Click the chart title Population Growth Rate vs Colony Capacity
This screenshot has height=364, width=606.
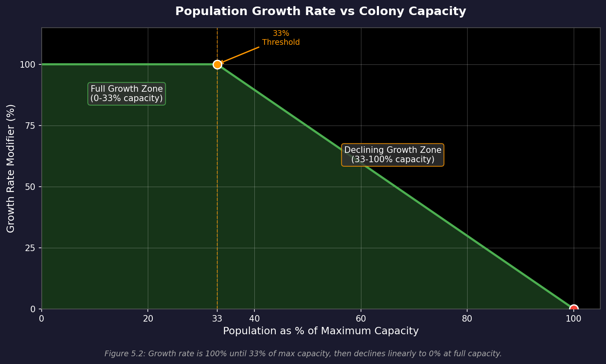pyautogui.click(x=321, y=11)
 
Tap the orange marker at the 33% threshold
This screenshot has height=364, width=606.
pyautogui.click(x=217, y=64)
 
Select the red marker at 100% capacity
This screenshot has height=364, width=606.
pyautogui.click(x=574, y=309)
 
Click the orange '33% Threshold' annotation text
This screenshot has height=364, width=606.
pyautogui.click(x=281, y=38)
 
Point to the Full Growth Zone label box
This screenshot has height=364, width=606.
pyautogui.click(x=127, y=94)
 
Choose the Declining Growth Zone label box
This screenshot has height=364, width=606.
pyautogui.click(x=392, y=155)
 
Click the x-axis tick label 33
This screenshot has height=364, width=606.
pyautogui.click(x=217, y=319)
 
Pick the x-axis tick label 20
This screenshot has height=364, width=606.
pyautogui.click(x=148, y=319)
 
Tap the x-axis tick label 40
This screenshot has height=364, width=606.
pyautogui.click(x=254, y=319)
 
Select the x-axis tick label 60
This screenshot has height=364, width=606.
pyautogui.click(x=361, y=319)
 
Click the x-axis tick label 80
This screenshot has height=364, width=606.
pyautogui.click(x=467, y=319)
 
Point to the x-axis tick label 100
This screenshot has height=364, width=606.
pyautogui.click(x=574, y=319)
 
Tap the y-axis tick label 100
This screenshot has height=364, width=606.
pyautogui.click(x=28, y=64)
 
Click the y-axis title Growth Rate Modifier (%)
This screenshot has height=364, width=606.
pyautogui.click(x=11, y=168)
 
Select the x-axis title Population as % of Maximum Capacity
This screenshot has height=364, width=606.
pyautogui.click(x=321, y=331)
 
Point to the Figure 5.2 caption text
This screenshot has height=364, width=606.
pyautogui.click(x=303, y=354)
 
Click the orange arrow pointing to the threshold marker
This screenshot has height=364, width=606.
pyautogui.click(x=240, y=55)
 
